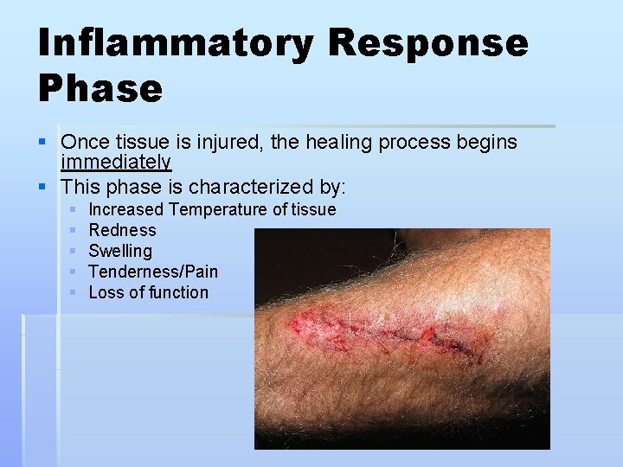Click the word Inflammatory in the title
coord(176,42)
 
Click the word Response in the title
coord(427,42)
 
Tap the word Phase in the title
coord(100,88)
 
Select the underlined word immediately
coord(116,163)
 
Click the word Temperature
coord(218,209)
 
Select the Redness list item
coord(122,230)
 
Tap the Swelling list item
coord(119,251)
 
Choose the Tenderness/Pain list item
coord(153,272)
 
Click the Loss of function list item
coord(148,292)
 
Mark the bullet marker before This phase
coord(43,187)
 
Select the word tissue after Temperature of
coord(313,209)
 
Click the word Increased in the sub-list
coord(125,209)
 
